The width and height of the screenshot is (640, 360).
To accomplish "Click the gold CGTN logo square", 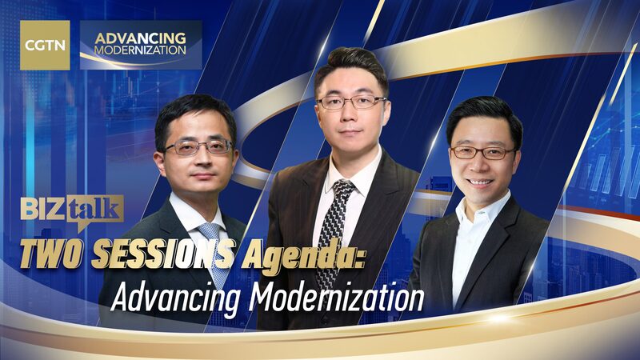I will coord(44,44).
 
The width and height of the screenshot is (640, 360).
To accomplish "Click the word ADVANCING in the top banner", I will coord(141,37).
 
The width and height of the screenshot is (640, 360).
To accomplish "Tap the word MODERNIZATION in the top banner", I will coord(140,50).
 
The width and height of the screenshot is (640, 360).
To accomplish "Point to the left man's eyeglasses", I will coord(198,147).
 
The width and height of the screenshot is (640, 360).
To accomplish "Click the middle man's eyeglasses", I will coord(351,102).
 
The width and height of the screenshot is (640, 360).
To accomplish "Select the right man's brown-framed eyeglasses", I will coord(482,151).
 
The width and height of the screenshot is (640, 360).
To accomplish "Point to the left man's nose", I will coord(198,158).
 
